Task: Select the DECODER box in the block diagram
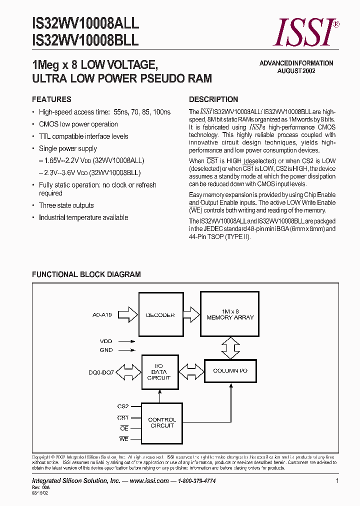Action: [160, 314]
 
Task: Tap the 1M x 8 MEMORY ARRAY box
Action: [230, 314]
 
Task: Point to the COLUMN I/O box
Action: [230, 370]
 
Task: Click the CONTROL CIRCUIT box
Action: [161, 422]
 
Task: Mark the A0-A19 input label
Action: [102, 315]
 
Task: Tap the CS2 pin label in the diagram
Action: [123, 406]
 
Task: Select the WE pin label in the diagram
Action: [124, 439]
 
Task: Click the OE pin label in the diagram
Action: [124, 428]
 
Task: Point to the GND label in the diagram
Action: [106, 350]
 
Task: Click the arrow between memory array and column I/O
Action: [230, 348]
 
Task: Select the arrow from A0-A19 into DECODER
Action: [128, 314]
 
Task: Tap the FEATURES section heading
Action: [51, 99]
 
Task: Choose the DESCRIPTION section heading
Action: [213, 99]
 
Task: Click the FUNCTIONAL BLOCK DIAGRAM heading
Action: [86, 274]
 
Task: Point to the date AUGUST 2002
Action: [296, 71]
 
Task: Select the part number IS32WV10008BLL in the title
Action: [85, 41]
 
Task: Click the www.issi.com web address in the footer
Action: [148, 480]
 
